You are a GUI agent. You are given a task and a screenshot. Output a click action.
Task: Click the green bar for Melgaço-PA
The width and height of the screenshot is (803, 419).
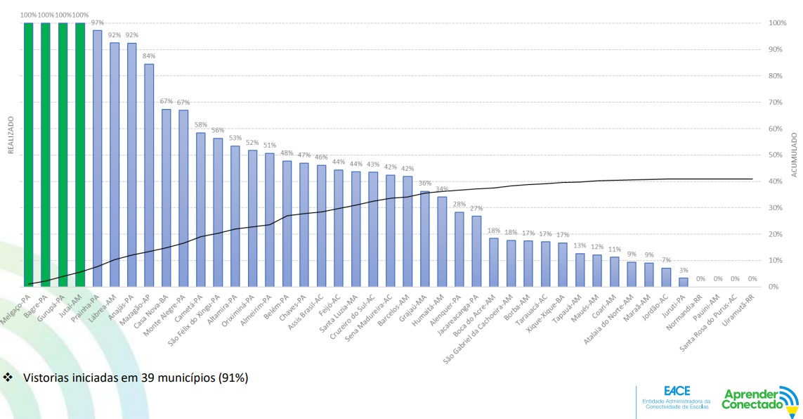[x=29, y=155]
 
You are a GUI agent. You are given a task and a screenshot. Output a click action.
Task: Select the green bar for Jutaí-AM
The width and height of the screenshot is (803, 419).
[x=80, y=155]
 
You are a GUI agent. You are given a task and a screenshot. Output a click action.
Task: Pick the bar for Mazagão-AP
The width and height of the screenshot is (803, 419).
[x=149, y=175]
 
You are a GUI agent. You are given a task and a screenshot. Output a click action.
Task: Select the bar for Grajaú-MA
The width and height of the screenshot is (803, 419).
[x=424, y=239]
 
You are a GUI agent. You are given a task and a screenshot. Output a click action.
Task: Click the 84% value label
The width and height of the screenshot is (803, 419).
[x=149, y=56]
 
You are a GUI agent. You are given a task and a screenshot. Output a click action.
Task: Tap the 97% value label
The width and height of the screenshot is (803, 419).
[x=98, y=22]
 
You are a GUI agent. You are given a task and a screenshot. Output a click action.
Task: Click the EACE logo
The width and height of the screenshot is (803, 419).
[x=675, y=397]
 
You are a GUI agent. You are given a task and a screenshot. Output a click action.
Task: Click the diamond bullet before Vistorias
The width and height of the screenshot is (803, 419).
[x=9, y=378]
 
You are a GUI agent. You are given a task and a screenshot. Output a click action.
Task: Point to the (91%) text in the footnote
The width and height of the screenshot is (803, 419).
[x=233, y=378]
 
